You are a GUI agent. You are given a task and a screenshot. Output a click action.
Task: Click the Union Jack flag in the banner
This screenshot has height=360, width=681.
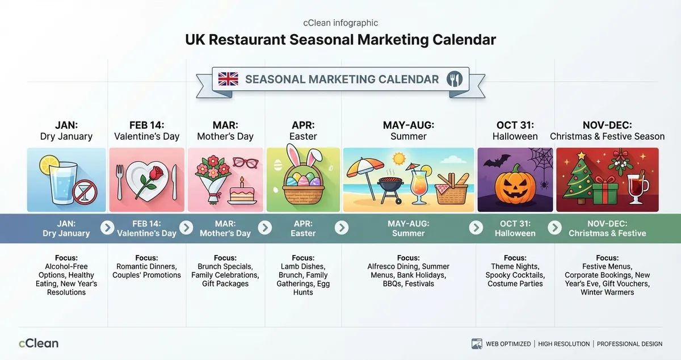228,79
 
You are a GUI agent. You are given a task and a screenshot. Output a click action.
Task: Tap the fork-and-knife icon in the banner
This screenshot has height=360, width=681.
455,79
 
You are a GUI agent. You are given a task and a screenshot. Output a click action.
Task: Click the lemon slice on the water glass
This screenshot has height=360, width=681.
48,165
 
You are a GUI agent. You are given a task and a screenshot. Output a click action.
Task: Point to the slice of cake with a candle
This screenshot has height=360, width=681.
243,193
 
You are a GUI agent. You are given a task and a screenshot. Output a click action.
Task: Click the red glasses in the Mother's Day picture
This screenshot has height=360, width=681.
245,162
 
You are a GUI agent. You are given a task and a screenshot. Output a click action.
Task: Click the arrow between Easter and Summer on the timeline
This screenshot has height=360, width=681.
341,228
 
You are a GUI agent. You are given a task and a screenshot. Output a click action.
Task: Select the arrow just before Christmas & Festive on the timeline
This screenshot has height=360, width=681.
554,228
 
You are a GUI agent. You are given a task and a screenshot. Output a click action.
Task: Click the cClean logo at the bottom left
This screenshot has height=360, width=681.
39,343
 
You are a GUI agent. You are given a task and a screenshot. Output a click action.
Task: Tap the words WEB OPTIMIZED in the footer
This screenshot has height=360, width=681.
508,344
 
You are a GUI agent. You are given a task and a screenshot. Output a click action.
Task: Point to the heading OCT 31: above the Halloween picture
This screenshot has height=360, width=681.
515,125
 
